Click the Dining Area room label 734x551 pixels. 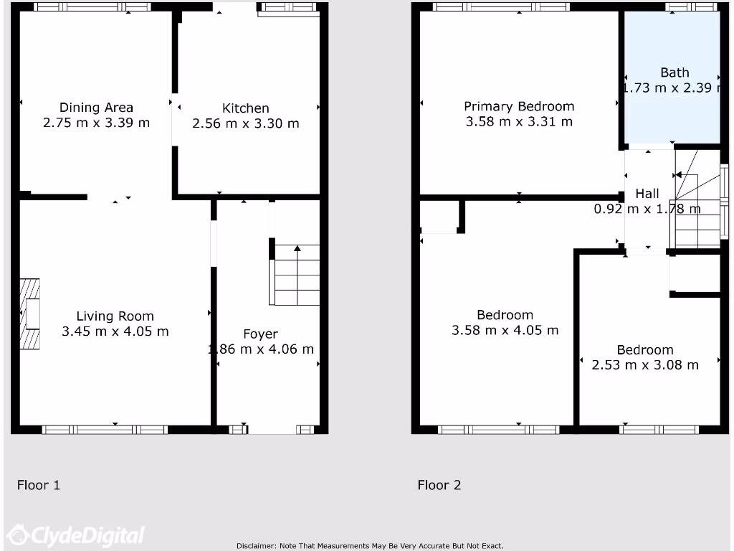tap(96, 108)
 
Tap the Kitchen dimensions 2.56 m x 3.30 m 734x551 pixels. tap(245, 123)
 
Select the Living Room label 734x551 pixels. tap(115, 316)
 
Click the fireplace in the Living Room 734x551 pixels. tap(31, 314)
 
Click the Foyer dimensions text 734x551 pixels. tap(261, 349)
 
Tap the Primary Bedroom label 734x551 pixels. tap(519, 106)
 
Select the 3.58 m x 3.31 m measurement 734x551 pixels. tap(519, 122)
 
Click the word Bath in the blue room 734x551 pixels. tap(675, 72)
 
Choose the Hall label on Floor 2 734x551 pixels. tap(647, 194)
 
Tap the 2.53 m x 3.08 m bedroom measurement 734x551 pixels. tap(644, 365)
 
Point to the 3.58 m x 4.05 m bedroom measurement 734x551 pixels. tap(505, 331)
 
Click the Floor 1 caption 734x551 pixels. tap(39, 485)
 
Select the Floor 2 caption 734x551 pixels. tap(439, 485)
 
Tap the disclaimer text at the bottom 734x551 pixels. tap(370, 546)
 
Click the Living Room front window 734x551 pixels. tap(105, 430)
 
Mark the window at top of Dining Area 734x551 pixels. tap(92, 6)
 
